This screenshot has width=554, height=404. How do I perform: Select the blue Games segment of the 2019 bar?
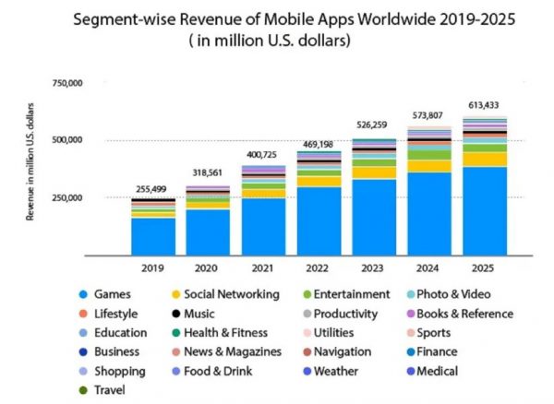pyautogui.click(x=153, y=236)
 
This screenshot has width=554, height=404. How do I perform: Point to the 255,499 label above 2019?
pyautogui.click(x=153, y=189)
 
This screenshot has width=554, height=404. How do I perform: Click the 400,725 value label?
pyautogui.click(x=264, y=153)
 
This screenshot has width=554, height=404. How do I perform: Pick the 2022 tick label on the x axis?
pyautogui.click(x=319, y=268)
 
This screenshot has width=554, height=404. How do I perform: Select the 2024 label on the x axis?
pyautogui.click(x=430, y=268)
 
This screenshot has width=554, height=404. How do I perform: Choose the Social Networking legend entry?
pyautogui.click(x=228, y=293)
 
